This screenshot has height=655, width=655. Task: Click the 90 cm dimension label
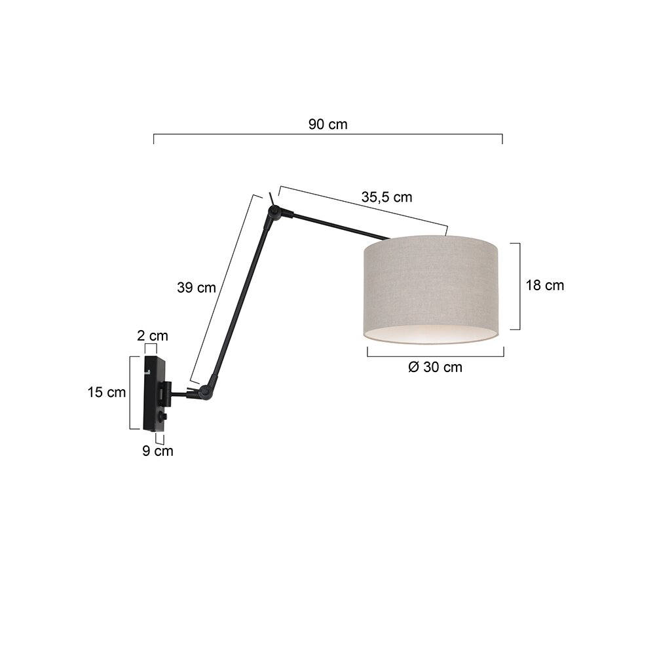(x=328, y=124)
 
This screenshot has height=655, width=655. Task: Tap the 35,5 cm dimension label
(x=387, y=196)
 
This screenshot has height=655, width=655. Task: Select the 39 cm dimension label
(x=196, y=288)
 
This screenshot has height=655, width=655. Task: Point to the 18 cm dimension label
(x=545, y=286)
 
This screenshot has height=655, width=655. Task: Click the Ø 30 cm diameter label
(x=436, y=367)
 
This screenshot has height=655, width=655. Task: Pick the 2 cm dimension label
(x=153, y=335)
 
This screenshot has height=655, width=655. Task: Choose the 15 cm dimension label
(x=107, y=392)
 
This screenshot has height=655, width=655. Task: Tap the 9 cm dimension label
(x=157, y=451)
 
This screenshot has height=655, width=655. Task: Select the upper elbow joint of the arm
(x=274, y=212)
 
